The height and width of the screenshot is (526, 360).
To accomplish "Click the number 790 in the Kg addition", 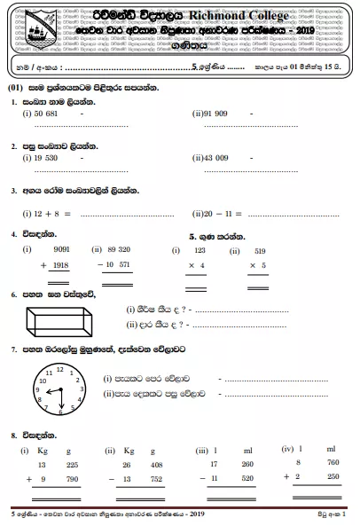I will coord(71,478).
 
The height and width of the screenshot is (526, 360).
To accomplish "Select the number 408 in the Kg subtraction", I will coord(156,462).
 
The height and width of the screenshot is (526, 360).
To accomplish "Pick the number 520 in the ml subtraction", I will coord(246,478).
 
